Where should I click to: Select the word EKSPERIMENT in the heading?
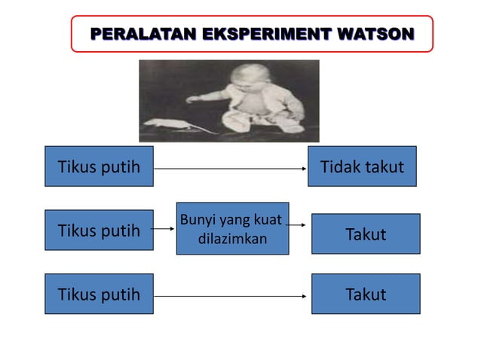coord(244,34)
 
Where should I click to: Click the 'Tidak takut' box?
coord(362,166)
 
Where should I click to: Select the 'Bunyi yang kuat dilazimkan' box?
coord(232,229)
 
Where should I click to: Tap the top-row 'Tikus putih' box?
coord(99,166)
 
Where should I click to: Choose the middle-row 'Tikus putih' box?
coord(99,230)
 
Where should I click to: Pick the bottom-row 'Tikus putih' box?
coord(99,294)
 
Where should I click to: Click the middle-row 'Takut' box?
coord(366,234)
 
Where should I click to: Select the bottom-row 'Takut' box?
coord(366,294)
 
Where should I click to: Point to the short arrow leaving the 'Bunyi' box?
coord(298,224)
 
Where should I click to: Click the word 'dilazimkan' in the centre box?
coord(232,239)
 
